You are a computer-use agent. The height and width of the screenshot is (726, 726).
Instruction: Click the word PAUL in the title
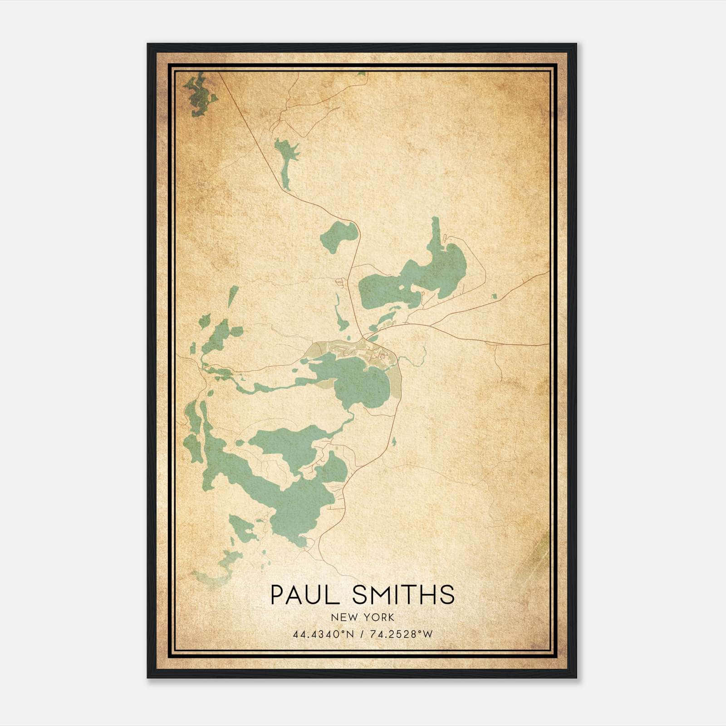click(304, 595)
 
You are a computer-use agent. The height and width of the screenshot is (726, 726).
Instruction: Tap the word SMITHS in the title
click(403, 595)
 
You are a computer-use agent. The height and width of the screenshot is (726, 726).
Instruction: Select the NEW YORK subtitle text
click(363, 618)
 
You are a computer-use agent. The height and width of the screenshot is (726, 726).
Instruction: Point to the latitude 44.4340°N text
click(323, 634)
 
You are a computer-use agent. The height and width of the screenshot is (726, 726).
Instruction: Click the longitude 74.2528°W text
click(402, 634)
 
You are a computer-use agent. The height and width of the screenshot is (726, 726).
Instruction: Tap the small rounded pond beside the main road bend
click(339, 236)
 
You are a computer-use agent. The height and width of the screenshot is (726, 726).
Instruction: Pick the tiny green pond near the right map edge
click(494, 297)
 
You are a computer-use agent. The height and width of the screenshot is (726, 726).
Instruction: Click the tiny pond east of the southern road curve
click(393, 441)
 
